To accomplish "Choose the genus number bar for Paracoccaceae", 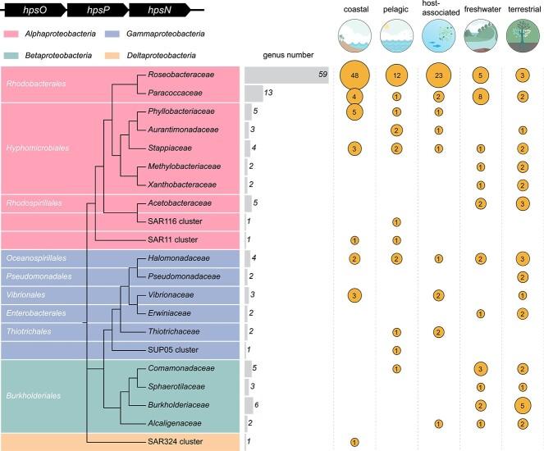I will (254, 93).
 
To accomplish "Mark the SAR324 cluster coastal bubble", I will (354, 442).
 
